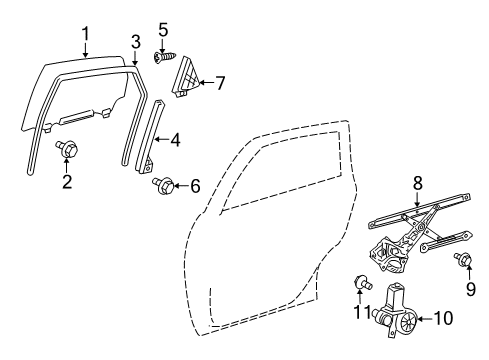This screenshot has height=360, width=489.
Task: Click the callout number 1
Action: (86, 36)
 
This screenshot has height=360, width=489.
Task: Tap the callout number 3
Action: (135, 40)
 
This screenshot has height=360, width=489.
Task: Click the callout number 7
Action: (221, 82)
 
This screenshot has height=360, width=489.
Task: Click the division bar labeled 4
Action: (150, 140)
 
